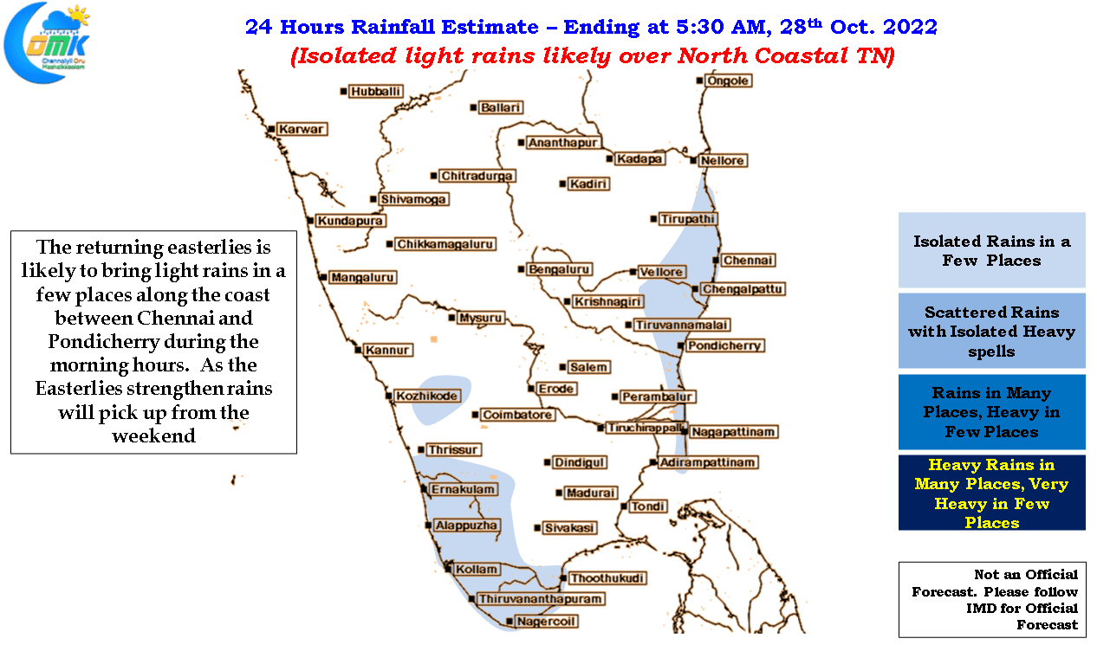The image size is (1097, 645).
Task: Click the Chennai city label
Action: [x=748, y=261]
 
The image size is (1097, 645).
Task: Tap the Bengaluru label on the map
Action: [x=559, y=269]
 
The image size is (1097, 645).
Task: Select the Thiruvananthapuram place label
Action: [x=540, y=599]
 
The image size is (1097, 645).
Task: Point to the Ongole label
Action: [x=728, y=81]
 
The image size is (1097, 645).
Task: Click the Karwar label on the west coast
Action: [x=302, y=129]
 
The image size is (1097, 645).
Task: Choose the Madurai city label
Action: [x=590, y=493]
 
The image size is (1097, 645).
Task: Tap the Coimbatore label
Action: [x=517, y=415]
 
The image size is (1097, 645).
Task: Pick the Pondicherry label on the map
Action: [x=724, y=346]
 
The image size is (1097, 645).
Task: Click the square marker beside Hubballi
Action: [x=343, y=92]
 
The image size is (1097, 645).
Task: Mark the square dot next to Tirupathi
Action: [x=653, y=219]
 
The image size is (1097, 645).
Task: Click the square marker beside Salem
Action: [x=562, y=367]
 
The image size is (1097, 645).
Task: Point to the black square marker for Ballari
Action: [x=473, y=107]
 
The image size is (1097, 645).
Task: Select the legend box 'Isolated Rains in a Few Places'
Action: [x=991, y=250]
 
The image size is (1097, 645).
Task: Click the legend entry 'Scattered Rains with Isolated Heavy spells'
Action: [x=991, y=331]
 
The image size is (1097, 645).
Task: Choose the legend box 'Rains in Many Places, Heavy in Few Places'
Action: [x=991, y=412]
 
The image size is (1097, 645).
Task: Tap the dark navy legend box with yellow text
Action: [x=991, y=493]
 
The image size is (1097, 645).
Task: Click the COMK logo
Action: [x=47, y=42]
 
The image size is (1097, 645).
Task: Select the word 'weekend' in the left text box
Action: [x=153, y=435]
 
